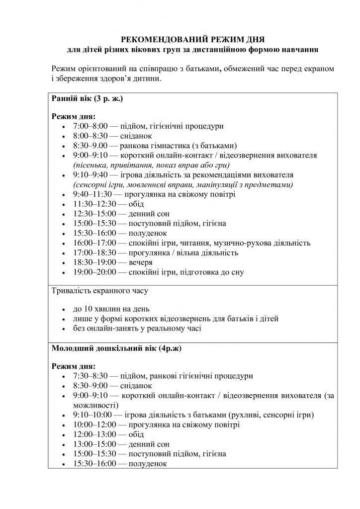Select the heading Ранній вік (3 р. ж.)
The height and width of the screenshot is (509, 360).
[87, 99]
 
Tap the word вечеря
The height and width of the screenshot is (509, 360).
[140, 262]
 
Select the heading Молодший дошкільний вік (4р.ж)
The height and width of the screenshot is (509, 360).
[116, 348]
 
